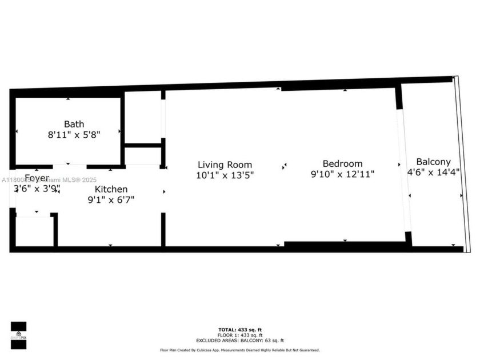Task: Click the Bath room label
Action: coord(74,124)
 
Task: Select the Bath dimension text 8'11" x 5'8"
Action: coord(74,135)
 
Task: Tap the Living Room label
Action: coord(225,165)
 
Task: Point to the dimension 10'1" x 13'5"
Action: coord(225,176)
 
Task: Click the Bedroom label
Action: coord(342,163)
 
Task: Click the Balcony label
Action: coord(433,162)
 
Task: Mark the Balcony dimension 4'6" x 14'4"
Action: coord(433,173)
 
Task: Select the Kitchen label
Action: coord(111,189)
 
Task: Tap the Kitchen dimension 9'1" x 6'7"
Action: coord(111,199)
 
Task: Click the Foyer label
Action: coord(37,178)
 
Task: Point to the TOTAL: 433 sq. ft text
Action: coord(239,330)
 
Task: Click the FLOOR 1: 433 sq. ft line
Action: coord(239,335)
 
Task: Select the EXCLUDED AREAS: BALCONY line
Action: coord(239,340)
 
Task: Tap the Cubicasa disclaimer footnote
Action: coord(239,350)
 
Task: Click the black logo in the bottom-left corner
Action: coord(18,334)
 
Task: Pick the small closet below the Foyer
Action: coord(33,231)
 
